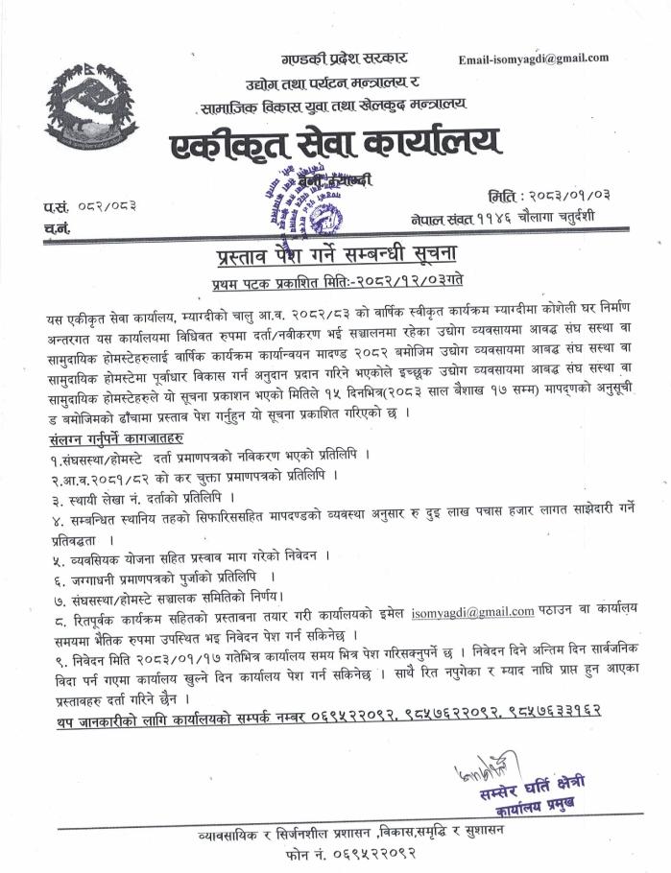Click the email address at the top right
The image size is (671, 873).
coord(534,58)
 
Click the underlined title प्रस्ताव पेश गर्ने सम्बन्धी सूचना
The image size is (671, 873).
coord(340,258)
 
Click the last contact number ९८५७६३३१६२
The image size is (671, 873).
coord(551,710)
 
